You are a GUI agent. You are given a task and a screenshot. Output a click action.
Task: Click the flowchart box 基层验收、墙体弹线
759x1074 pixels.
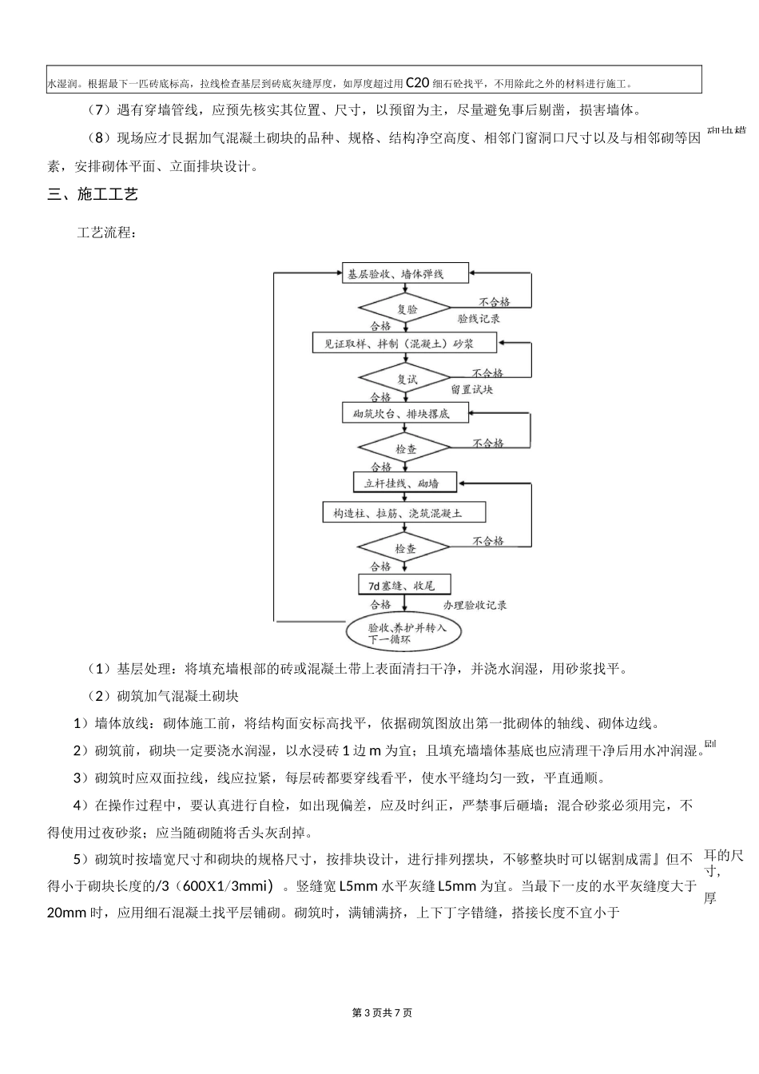(x=395, y=274)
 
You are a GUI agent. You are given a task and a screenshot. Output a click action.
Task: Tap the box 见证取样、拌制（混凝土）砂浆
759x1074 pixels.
(x=403, y=344)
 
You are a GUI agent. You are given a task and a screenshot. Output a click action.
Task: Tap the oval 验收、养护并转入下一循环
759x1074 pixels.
(x=407, y=633)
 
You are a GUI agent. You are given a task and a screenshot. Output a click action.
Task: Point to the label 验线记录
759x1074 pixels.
(x=479, y=319)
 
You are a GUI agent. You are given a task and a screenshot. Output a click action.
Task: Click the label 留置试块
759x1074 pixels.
(x=471, y=390)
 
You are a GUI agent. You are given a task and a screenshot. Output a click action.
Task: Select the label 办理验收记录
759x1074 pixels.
(x=475, y=605)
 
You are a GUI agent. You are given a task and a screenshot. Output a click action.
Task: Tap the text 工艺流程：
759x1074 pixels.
(x=106, y=234)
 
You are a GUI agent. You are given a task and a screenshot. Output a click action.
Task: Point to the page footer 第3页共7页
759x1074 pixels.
(x=382, y=1013)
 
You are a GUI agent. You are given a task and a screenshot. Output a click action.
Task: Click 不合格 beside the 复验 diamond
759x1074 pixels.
(x=495, y=302)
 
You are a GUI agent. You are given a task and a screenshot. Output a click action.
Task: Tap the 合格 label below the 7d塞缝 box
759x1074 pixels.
(x=381, y=605)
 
